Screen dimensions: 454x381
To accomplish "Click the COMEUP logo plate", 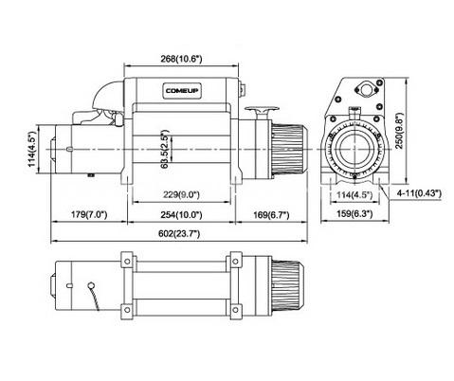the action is pos(182,91).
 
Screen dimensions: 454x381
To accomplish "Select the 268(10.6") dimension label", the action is pos(181,59).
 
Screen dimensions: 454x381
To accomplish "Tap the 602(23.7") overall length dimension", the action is pos(179,234).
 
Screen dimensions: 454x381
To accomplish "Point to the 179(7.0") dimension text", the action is pos(89,215).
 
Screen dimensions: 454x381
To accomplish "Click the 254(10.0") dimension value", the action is pos(181,215).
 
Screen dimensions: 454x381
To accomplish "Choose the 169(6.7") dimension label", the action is pos(271,215).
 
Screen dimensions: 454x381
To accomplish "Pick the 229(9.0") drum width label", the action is pos(181,194).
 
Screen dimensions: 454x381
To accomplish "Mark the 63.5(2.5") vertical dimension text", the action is pos(165,149).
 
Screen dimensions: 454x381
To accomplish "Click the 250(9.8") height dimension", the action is pos(400,130).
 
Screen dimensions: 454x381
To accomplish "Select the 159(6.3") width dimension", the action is pos(354,214).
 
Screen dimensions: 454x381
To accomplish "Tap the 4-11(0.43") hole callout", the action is pos(419,193).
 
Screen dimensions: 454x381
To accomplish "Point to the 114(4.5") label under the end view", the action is pos(354,194).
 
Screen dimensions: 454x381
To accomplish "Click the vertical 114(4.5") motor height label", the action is pos(32,149).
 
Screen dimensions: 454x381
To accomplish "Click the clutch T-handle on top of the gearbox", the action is pos(262,112).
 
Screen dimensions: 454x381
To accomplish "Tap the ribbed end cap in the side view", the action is pos(289,149).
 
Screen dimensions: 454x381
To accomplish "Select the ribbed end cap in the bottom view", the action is pos(288,285).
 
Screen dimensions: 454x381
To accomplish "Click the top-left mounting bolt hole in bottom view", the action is pos(127,262).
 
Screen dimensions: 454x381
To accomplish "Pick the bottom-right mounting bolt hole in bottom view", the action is pos(235,310).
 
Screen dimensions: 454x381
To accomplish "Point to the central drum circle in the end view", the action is pos(354,149).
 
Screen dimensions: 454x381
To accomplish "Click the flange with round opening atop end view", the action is pos(367,89).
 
